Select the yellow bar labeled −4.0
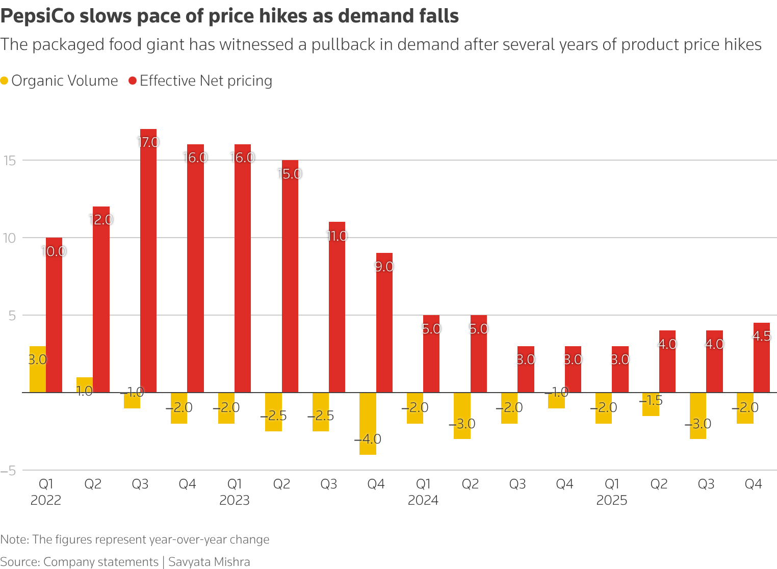(368, 423)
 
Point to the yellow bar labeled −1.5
(651, 404)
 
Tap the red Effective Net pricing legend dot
(133, 81)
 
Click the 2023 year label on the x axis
(235, 500)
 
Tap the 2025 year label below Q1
(612, 500)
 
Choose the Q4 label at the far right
(753, 484)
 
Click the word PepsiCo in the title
(37, 16)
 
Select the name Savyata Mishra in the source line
(209, 562)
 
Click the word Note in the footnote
(14, 539)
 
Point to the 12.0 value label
(101, 220)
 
